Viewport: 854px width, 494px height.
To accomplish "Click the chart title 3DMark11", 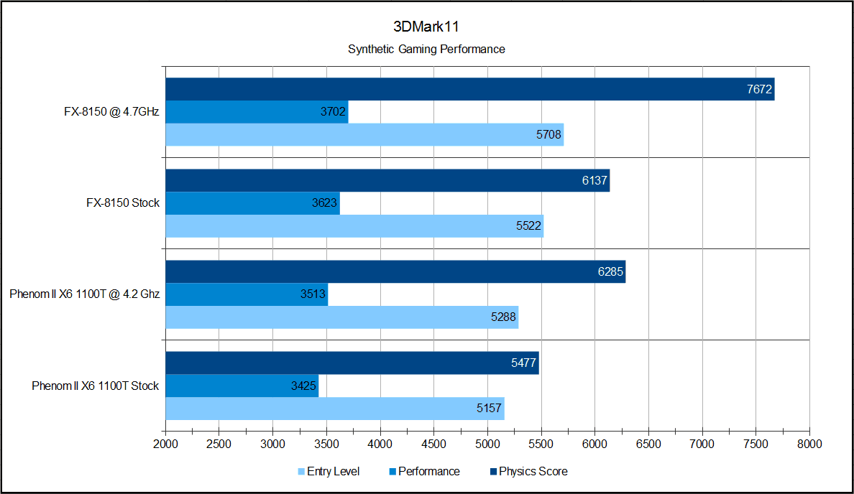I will [x=426, y=27].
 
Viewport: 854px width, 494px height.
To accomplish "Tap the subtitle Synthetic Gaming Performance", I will [x=426, y=50].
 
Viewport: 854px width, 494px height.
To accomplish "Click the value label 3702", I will [x=333, y=112].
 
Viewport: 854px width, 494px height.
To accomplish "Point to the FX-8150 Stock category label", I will [x=122, y=203].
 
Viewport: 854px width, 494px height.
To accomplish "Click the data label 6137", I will [x=595, y=181].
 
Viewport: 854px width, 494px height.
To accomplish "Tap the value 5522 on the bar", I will [x=529, y=226].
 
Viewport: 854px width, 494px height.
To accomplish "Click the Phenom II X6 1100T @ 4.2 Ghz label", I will [x=85, y=294].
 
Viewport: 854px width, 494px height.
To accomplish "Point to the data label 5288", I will [x=504, y=317].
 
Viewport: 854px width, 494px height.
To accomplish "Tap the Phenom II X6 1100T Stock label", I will [x=95, y=386].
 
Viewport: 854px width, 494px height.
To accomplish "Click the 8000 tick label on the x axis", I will [x=809, y=444].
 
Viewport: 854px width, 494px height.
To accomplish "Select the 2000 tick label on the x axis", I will [x=165, y=444].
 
